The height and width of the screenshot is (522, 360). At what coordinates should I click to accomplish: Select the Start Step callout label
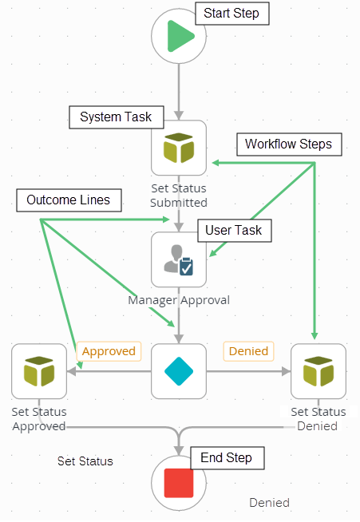pos(231,14)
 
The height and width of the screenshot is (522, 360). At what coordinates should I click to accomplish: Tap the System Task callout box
pos(116,117)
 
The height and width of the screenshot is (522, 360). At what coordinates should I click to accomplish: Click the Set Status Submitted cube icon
pos(179,148)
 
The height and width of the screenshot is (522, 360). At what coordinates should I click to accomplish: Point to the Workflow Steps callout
pos(288,144)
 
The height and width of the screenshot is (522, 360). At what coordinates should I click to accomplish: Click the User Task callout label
pos(234,230)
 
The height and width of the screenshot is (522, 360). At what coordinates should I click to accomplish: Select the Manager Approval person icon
pos(179,259)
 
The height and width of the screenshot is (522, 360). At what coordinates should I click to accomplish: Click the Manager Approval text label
pos(179,300)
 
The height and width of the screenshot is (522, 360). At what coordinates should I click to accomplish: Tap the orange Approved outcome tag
pos(109,351)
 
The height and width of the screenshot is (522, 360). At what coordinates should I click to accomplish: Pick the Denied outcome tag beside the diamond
pos(248,351)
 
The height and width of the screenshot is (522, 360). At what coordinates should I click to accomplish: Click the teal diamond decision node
pos(179,371)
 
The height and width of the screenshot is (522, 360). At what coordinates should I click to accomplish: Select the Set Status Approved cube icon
pos(39,371)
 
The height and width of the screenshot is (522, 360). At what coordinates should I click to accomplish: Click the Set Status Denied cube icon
pos(318,371)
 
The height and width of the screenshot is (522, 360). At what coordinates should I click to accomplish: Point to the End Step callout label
pos(227,457)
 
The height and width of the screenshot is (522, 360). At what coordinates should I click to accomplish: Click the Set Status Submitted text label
pos(179,196)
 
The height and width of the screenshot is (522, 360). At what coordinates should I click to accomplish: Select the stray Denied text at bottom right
pos(269,503)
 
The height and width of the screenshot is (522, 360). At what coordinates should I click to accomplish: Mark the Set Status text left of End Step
pos(85,461)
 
